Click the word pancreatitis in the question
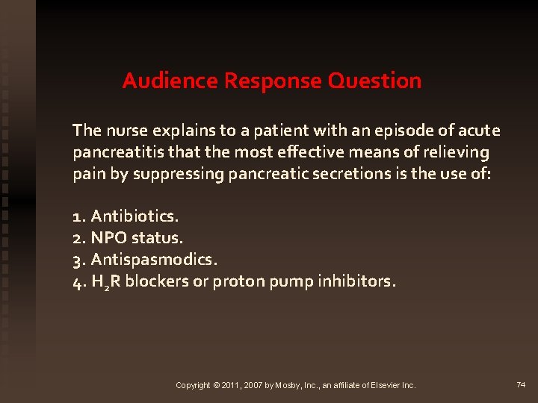(115, 153)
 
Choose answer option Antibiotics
(134, 217)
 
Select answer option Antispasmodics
(154, 260)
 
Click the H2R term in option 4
(105, 283)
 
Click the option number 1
(78, 217)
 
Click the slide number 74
(521, 384)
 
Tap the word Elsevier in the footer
(382, 385)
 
